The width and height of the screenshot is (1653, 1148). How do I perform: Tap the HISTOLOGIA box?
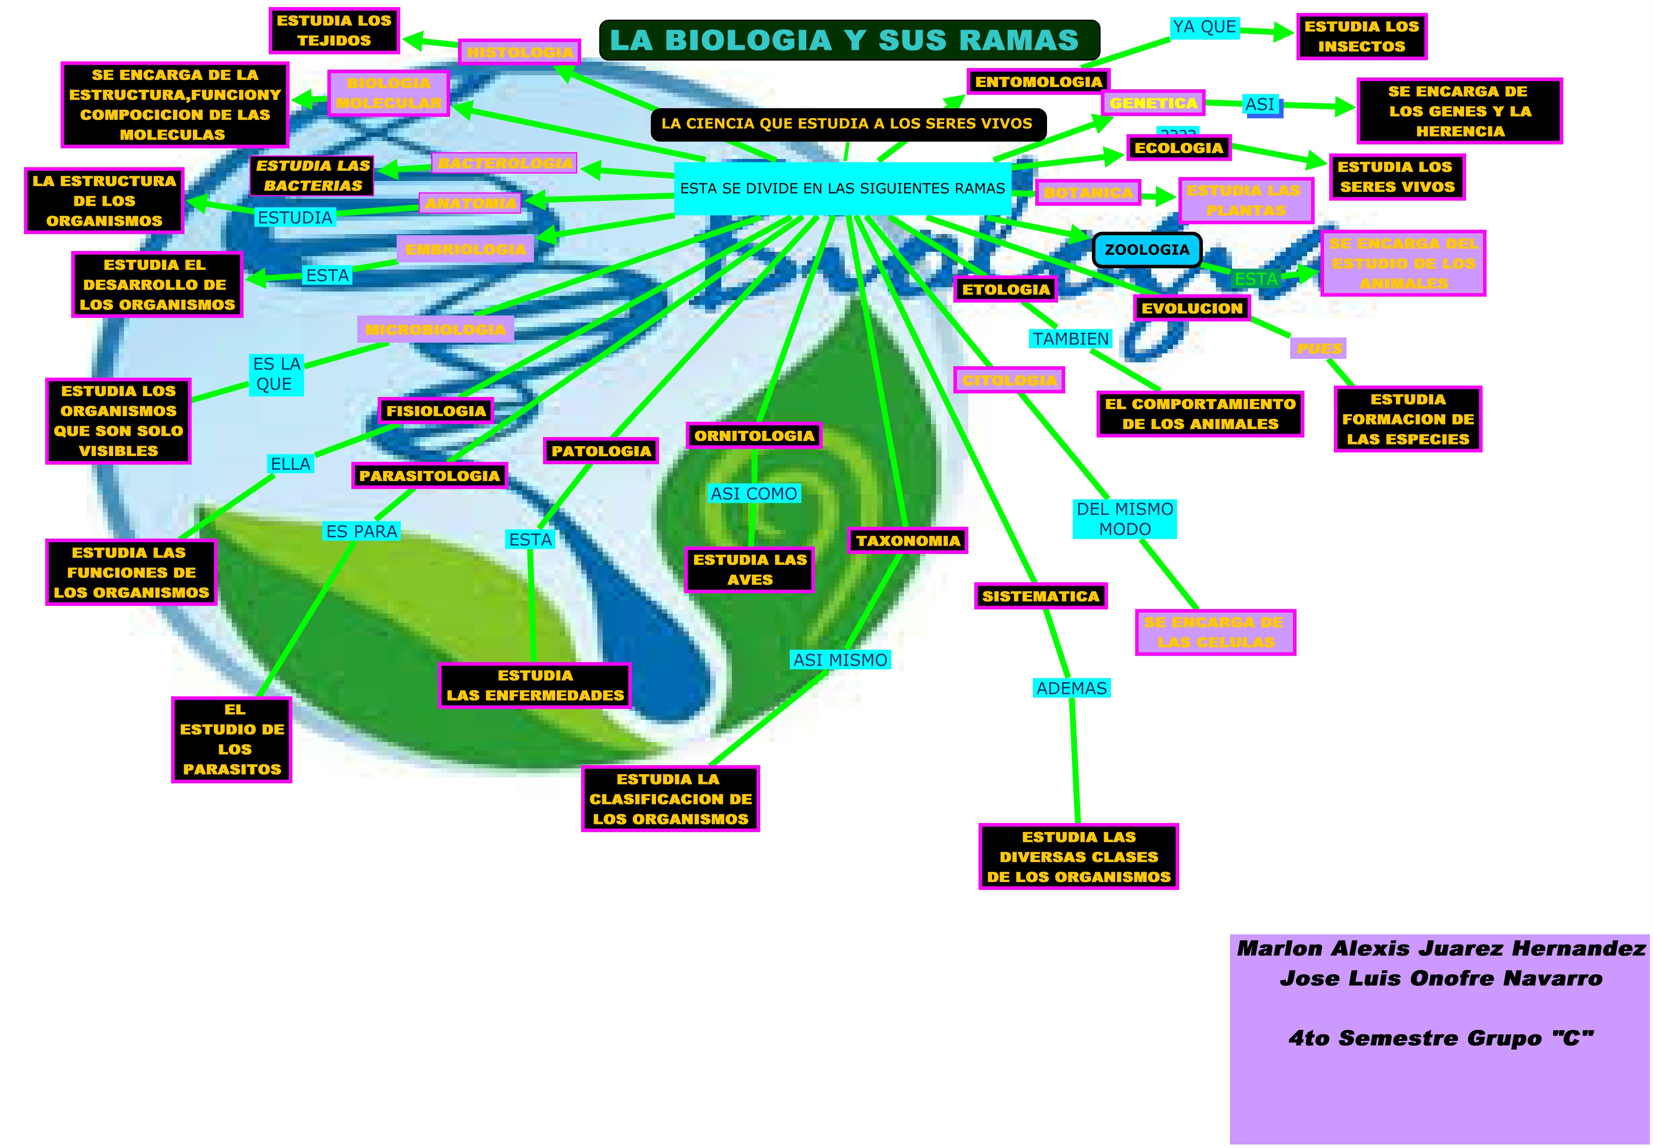click(519, 52)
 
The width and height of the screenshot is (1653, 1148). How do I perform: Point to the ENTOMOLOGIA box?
click(1038, 82)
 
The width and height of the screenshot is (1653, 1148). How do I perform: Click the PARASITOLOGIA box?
click(429, 476)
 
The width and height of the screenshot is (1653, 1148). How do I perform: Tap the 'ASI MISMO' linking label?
click(840, 660)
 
